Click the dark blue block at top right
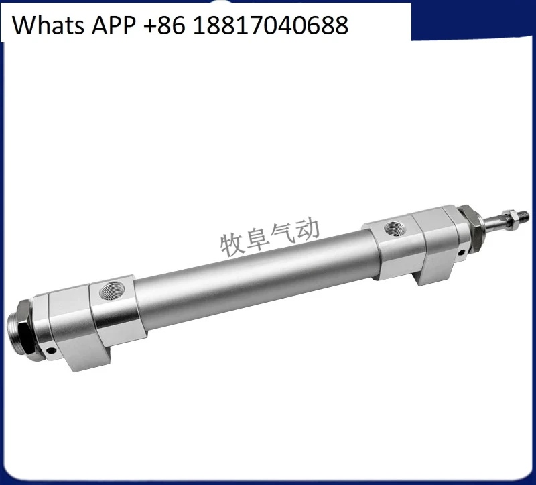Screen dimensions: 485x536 click(x=473, y=20)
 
